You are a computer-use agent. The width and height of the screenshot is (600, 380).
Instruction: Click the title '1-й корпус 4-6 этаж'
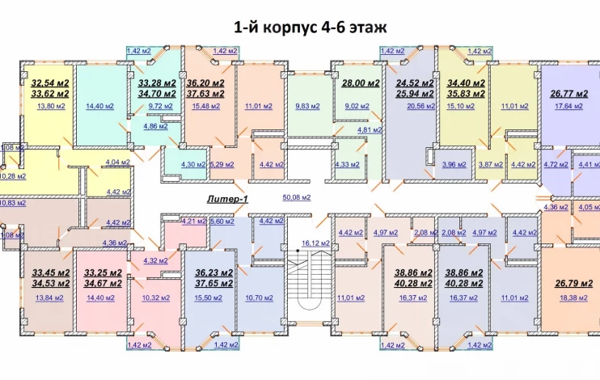[x=311, y=27]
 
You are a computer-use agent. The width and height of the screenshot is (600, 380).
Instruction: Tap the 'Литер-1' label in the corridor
[x=228, y=199]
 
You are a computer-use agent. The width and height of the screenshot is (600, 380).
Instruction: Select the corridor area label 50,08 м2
[x=297, y=197]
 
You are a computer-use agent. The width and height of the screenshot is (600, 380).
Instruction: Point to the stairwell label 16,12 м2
[x=315, y=243]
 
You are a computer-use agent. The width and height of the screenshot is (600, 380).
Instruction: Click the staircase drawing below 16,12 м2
[x=308, y=285]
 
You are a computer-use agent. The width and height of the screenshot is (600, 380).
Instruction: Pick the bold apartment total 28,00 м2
[x=361, y=83]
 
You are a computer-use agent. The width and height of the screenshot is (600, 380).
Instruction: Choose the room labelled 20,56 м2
[x=421, y=106]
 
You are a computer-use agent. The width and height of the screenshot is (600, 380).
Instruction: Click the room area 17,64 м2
[x=568, y=106]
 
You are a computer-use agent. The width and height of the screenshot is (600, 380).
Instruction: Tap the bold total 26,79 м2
[x=573, y=284]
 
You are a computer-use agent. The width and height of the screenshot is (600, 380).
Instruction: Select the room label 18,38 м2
[x=573, y=298]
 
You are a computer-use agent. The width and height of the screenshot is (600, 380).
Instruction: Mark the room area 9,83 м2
[x=307, y=106]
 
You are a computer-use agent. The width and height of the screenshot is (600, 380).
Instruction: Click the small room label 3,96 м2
[x=454, y=165]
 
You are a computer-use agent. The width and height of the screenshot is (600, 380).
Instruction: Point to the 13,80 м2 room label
[x=51, y=106]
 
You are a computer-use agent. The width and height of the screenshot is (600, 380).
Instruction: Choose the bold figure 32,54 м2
[x=50, y=83]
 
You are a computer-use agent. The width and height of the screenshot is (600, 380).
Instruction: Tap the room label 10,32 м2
[x=156, y=298]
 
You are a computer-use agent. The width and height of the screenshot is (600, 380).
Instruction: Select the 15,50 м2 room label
[x=209, y=298]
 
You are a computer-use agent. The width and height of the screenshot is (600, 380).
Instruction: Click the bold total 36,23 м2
[x=214, y=272]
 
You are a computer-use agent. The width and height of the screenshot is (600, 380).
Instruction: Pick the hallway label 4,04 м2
[x=118, y=163]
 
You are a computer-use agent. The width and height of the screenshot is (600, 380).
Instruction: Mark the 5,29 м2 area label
[x=222, y=165]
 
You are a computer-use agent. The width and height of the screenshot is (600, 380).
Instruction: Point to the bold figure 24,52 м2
[x=415, y=83]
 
